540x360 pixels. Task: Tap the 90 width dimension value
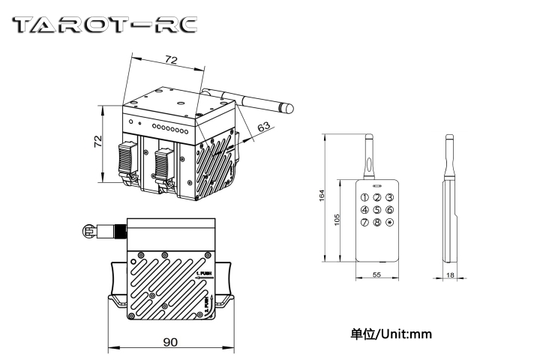170,342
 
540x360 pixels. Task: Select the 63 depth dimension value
263,128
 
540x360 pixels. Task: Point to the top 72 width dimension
171,58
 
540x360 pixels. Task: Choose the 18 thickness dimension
449,276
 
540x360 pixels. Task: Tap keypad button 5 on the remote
376,210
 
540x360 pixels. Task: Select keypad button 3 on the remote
389,198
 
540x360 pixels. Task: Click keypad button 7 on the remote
364,222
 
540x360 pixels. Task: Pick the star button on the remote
389,222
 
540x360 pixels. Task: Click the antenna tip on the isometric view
288,108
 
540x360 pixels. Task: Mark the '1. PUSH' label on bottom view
205,273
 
